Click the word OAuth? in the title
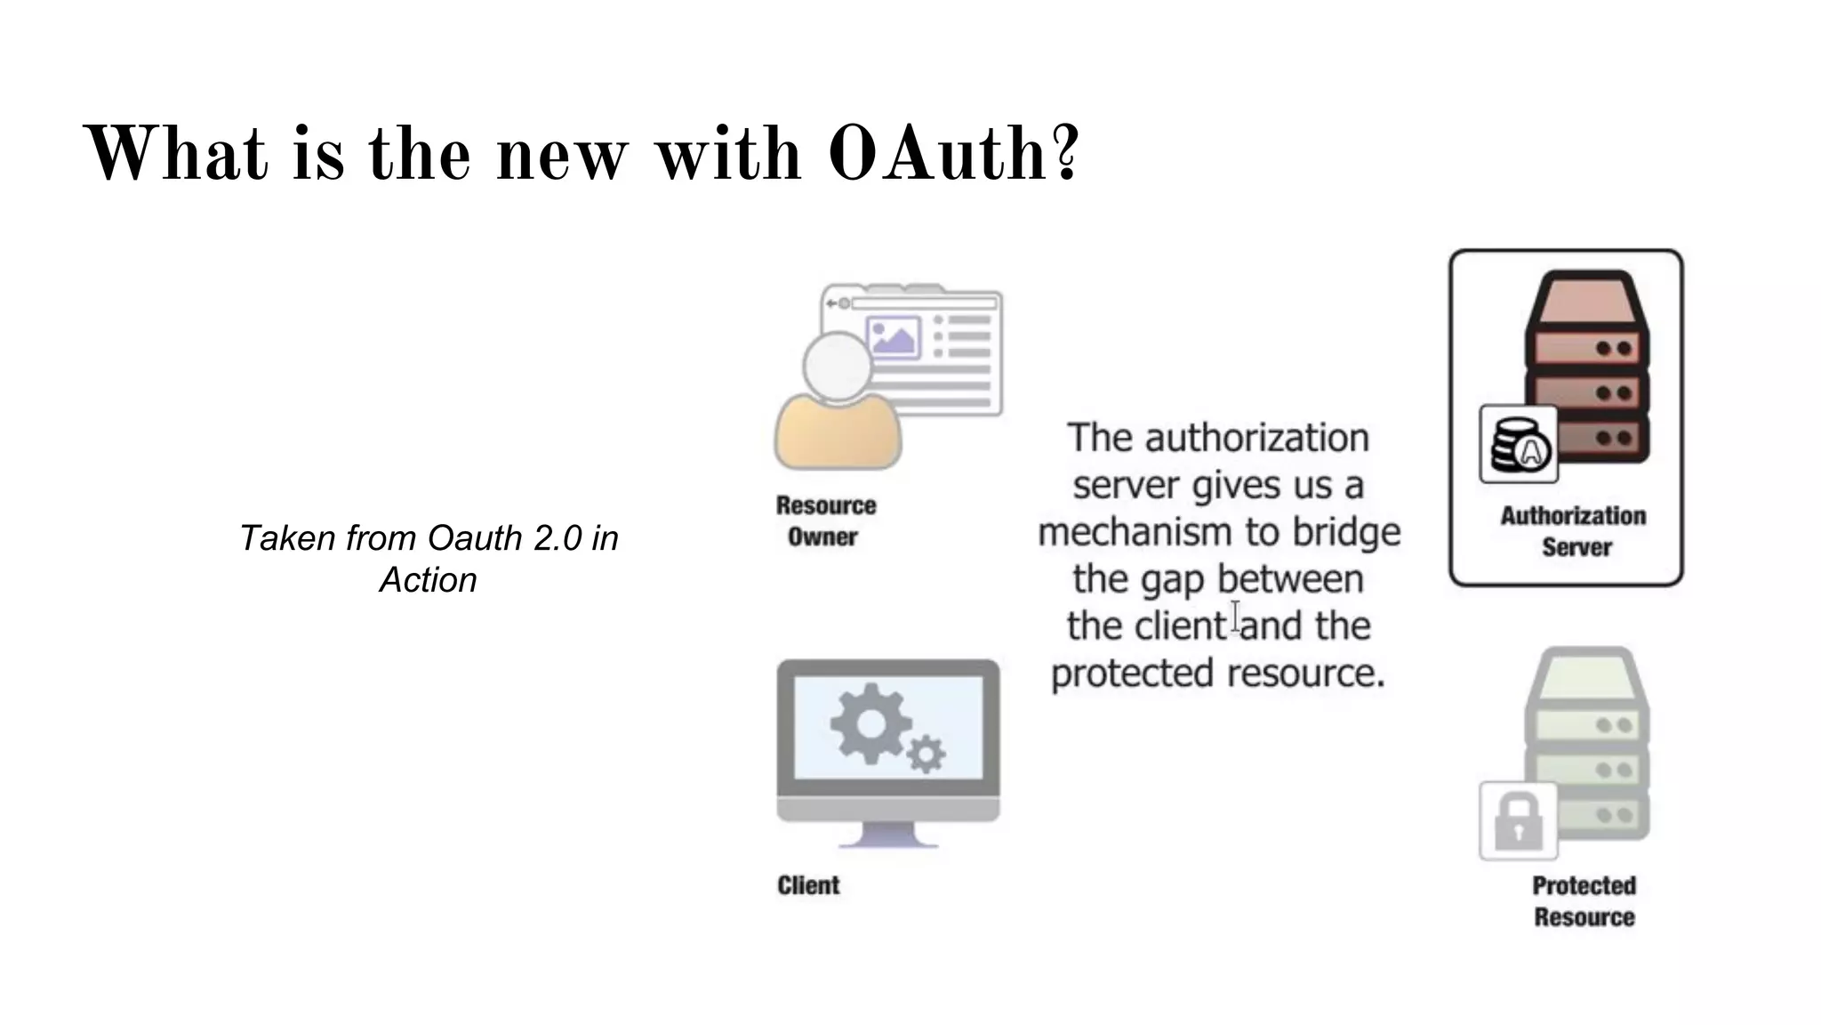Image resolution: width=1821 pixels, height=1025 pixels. pyautogui.click(x=953, y=153)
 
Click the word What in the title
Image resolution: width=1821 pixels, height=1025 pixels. pyautogui.click(x=175, y=153)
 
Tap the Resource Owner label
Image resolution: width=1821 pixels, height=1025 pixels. pyautogui.click(x=825, y=521)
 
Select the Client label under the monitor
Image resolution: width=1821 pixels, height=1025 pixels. pyautogui.click(x=808, y=885)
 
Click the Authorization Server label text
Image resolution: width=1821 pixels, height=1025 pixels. pyautogui.click(x=1573, y=531)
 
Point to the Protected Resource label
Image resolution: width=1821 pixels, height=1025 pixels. pyautogui.click(x=1584, y=900)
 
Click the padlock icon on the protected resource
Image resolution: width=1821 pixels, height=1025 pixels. pyautogui.click(x=1518, y=821)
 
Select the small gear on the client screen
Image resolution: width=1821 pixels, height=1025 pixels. pyautogui.click(x=926, y=755)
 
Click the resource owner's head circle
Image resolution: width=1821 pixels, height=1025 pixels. pyautogui.click(x=837, y=366)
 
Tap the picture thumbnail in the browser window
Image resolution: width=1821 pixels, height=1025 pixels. pyautogui.click(x=893, y=338)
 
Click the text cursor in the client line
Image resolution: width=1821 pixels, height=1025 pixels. pyautogui.click(x=1235, y=617)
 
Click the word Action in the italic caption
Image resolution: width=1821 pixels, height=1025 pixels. pyautogui.click(x=428, y=580)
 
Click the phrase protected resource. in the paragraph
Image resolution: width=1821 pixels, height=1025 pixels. pyautogui.click(x=1217, y=674)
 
